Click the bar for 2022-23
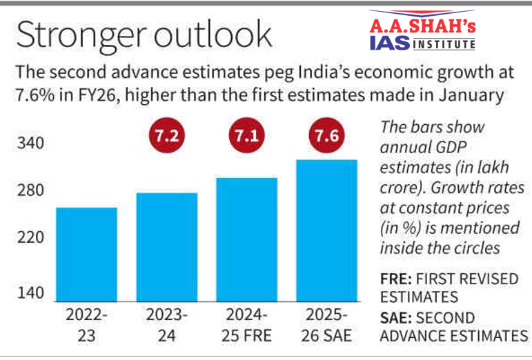point(86,254)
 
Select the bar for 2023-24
point(166,246)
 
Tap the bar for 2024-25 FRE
point(246,239)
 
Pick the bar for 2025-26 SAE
point(326,230)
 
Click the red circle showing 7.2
point(166,137)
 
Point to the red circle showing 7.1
point(246,137)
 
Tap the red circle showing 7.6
point(326,137)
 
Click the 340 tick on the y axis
point(30,144)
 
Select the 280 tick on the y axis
point(30,191)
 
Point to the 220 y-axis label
point(30,238)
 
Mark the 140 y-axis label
point(30,293)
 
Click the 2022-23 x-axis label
point(86,326)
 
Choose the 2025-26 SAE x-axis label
point(326,326)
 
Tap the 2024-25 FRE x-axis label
point(246,326)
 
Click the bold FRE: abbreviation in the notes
point(396,281)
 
